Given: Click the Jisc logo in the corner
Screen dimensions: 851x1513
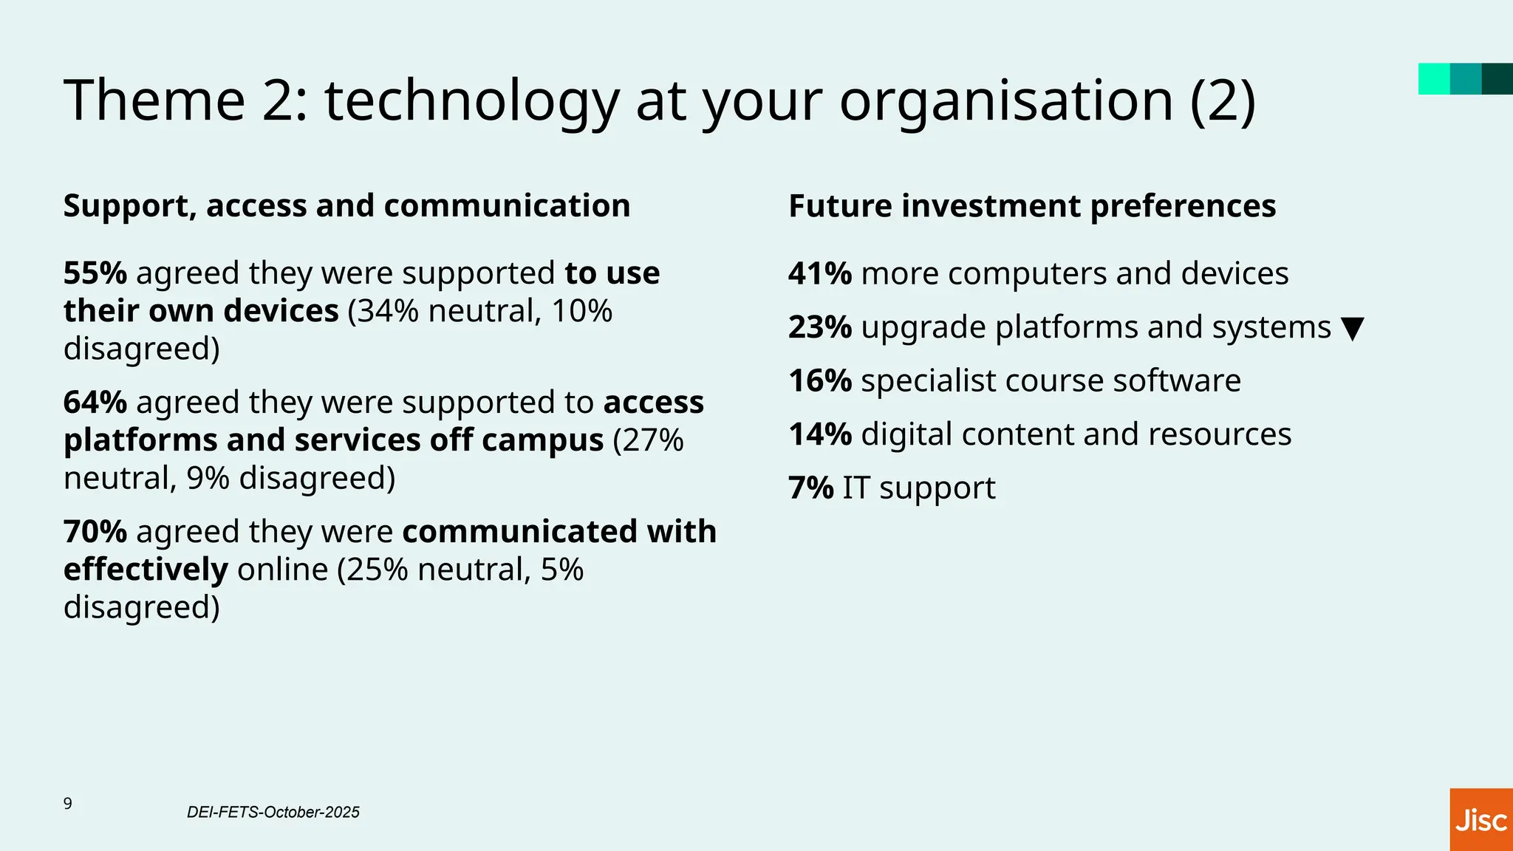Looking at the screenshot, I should click(1480, 820).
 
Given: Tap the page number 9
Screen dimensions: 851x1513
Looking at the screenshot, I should click(68, 804).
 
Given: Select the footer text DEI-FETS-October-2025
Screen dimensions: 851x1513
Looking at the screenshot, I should click(273, 813).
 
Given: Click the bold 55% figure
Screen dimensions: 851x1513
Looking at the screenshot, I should click(95, 273).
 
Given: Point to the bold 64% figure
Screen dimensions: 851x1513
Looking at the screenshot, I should click(95, 403).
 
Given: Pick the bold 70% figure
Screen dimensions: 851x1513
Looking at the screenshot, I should click(95, 532).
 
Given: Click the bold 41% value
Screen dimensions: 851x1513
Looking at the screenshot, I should click(820, 274).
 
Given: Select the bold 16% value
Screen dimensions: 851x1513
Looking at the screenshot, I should click(820, 381).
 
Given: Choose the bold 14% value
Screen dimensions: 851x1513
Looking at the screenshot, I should click(820, 434).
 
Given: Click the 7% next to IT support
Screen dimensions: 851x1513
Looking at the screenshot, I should click(810, 488).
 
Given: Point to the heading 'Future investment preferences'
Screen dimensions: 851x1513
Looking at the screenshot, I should click(1032, 206).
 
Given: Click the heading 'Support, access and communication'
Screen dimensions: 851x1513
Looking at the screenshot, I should click(346, 206).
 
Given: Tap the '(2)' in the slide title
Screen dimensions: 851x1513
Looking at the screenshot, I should click(1223, 101).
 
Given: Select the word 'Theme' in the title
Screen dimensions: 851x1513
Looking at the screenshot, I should click(154, 101).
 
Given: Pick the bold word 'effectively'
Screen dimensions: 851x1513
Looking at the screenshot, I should click(146, 570).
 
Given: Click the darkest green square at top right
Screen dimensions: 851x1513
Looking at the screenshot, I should click(1497, 79).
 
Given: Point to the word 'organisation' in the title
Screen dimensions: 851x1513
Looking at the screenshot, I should click(1006, 101).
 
